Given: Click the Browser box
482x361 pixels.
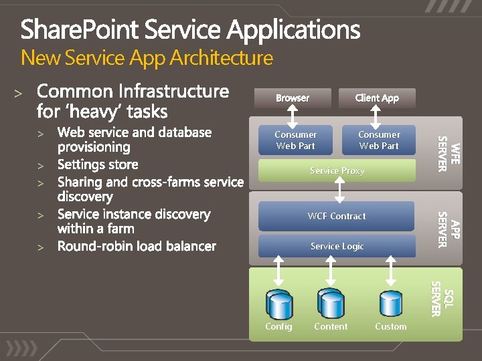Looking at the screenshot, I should tap(293, 98).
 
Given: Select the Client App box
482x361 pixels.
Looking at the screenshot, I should tap(377, 98).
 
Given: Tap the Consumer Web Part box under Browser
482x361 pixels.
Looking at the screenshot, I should tap(295, 140).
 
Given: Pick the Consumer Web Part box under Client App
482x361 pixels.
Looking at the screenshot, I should tap(378, 140).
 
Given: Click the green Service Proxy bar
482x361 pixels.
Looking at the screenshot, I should tap(337, 171).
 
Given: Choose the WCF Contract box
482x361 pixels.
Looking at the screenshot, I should tap(337, 216).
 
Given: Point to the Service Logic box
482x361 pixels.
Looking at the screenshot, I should tap(337, 246).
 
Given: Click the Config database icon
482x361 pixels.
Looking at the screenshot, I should tap(278, 304).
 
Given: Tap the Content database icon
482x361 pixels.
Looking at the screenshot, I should tap(330, 304).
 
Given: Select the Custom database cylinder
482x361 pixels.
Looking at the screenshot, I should tap(390, 304).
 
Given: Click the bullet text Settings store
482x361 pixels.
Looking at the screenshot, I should tap(98, 164).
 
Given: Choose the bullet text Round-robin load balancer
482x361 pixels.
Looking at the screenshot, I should tap(137, 246).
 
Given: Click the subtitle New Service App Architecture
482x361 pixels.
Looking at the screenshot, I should tap(147, 58).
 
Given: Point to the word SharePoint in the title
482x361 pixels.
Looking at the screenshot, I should tap(80, 30).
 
